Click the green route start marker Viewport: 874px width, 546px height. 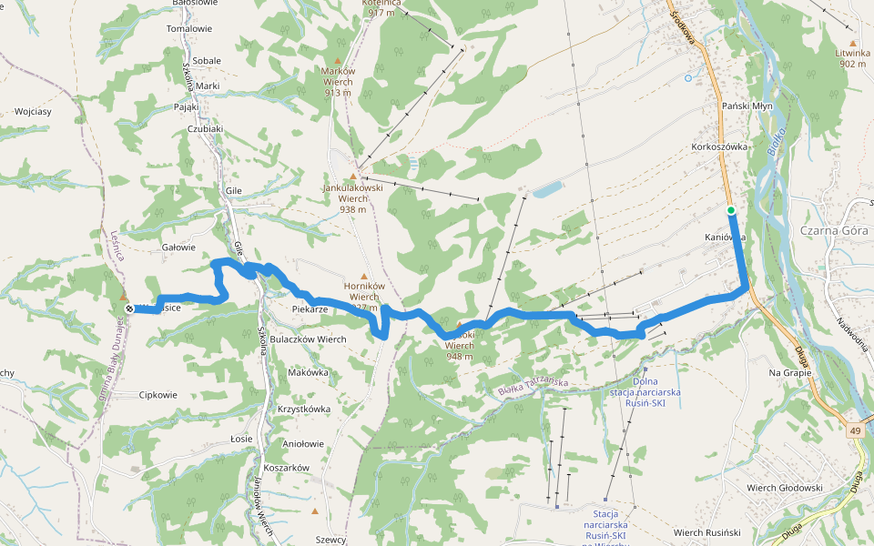point(731,210)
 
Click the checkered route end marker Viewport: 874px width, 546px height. point(129,308)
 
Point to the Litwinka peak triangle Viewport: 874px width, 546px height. point(853,43)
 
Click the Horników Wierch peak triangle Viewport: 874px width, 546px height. point(364,276)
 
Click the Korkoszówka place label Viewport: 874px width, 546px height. point(719,146)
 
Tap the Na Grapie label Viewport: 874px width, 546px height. point(790,372)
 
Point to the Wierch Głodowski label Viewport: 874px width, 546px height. point(785,488)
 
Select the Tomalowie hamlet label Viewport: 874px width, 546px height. point(189,28)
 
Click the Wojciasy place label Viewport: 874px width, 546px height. point(33,112)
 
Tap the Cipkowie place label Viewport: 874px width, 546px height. point(158,395)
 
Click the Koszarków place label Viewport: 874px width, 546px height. point(288,468)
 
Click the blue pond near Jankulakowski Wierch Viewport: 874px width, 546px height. point(547,189)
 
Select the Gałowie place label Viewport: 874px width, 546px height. point(178,247)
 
